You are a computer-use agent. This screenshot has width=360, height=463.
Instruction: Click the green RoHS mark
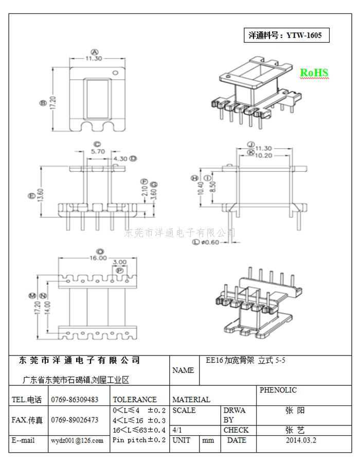coord(314,73)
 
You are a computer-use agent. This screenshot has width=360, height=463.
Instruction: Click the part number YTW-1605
coord(304,35)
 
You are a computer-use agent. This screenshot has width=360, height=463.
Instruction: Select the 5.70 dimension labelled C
coord(98,151)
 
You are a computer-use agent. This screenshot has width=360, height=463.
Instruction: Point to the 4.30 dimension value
coord(120,159)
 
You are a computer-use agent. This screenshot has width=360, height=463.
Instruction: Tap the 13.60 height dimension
coord(41,195)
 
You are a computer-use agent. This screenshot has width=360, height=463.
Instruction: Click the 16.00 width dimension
coord(98,258)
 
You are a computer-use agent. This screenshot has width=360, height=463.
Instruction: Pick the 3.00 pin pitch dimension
coord(119,262)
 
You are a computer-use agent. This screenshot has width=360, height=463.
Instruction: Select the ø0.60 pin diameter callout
coord(210,242)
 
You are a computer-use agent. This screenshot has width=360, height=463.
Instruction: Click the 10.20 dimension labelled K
coord(263,155)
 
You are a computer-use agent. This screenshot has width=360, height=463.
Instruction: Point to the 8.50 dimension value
coord(213,187)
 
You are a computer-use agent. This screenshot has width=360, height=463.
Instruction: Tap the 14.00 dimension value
coord(47,308)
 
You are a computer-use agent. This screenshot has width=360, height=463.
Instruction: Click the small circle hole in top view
coord(116,73)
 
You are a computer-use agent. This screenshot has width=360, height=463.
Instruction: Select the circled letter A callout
coord(95,52)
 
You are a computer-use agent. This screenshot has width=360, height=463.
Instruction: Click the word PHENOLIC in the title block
coord(278,390)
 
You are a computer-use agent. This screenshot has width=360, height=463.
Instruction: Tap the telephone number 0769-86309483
coord(75,400)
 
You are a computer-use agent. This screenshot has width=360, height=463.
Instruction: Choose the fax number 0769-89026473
coord(75,420)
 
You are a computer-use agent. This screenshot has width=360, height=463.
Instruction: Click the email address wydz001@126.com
coord(77,441)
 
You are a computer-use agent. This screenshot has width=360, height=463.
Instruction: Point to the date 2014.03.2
coord(301,440)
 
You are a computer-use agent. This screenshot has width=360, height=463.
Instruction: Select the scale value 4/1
coord(177,430)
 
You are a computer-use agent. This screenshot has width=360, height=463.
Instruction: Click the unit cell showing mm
coord(208,440)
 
